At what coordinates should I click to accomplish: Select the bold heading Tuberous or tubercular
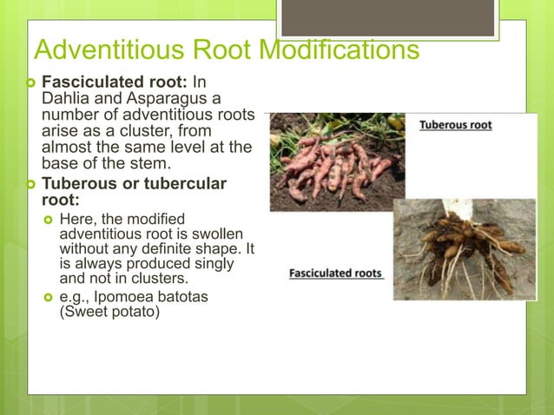[134, 183]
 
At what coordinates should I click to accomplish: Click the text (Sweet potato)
[109, 312]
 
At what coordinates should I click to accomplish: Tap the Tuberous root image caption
[456, 125]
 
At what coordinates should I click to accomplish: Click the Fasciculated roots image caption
[335, 273]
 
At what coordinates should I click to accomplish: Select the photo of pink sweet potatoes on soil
[336, 162]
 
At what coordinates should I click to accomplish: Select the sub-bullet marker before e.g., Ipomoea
[49, 297]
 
